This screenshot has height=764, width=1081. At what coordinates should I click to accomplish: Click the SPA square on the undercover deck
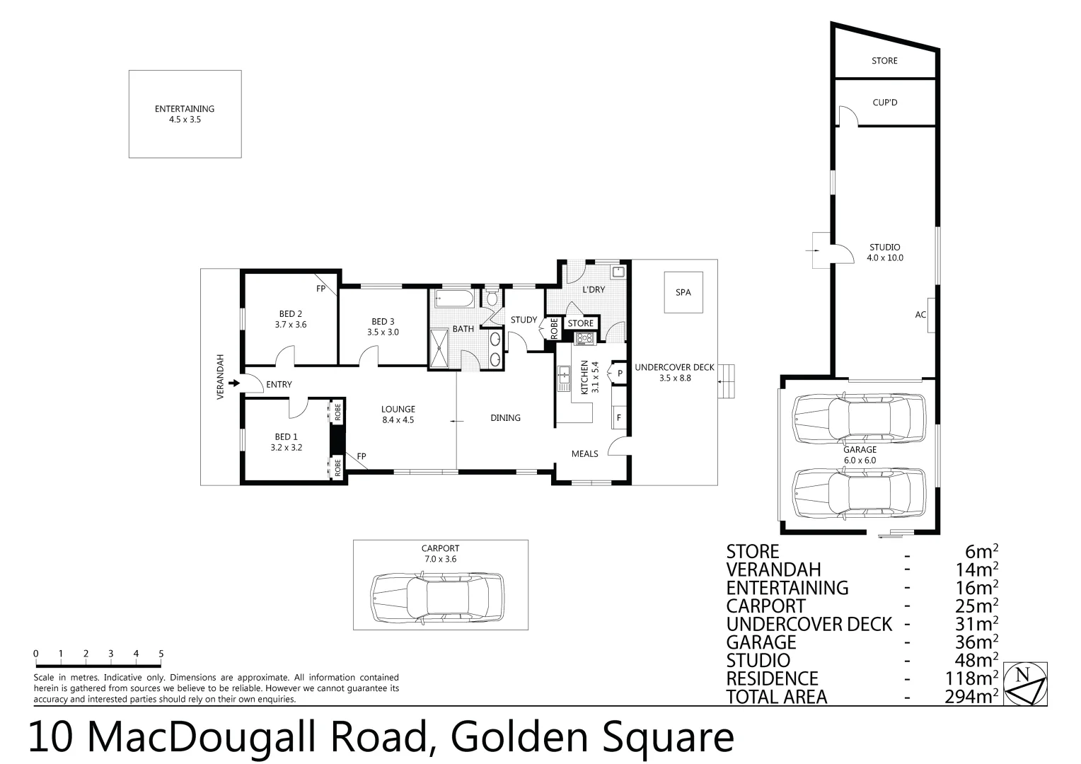[x=683, y=292]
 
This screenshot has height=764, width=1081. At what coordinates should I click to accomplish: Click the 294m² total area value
[x=971, y=697]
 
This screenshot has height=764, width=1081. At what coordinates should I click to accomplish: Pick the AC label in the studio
[x=920, y=315]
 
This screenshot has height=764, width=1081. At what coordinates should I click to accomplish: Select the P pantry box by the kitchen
[x=620, y=373]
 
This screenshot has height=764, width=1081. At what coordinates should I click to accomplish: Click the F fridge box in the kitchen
[x=619, y=417]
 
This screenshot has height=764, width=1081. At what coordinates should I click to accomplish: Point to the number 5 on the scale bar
[x=161, y=654]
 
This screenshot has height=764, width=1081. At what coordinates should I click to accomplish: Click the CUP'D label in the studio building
[x=884, y=103]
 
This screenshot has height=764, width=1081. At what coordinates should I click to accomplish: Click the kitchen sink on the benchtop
[x=564, y=378]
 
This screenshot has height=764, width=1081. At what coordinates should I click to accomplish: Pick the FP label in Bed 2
[x=320, y=289]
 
